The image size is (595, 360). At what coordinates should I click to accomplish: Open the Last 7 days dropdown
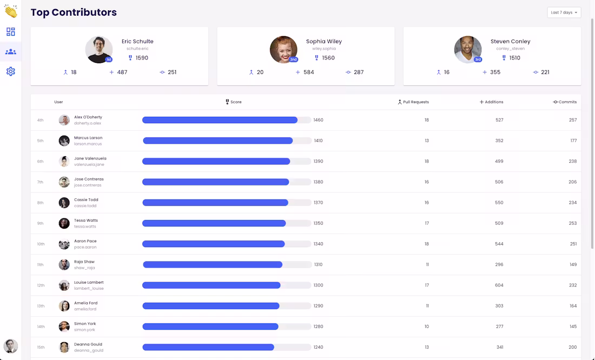coord(564,12)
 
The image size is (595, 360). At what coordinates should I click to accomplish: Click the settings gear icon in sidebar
coord(11,71)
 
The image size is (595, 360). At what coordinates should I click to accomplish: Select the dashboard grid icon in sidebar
coord(11,32)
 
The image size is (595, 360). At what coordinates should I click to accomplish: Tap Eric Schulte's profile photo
coord(98,50)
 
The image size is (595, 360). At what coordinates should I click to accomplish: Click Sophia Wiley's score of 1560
coord(328,58)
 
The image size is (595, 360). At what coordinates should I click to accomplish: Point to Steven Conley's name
coord(510,41)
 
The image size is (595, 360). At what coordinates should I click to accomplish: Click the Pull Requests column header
coord(413,102)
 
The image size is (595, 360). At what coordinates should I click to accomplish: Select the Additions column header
coord(491,102)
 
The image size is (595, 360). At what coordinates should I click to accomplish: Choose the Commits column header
coord(565,102)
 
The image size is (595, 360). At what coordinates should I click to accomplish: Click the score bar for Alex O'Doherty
coord(227,120)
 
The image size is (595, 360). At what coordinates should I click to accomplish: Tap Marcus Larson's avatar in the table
coord(64,141)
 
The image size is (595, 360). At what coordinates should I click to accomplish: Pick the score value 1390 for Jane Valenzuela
coord(319,161)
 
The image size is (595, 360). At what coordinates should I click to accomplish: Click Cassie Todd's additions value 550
coord(499,203)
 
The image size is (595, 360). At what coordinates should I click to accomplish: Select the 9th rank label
coord(40,223)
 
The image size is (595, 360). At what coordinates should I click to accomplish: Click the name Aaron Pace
coord(85,241)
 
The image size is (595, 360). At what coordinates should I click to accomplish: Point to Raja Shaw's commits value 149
coord(573,264)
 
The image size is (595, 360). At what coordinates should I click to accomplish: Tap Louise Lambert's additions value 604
coord(499,285)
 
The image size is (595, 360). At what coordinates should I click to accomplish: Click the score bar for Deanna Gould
coord(227,347)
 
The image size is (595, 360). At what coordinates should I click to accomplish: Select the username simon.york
coord(84,330)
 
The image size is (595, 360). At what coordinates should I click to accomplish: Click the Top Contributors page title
coord(74,12)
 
